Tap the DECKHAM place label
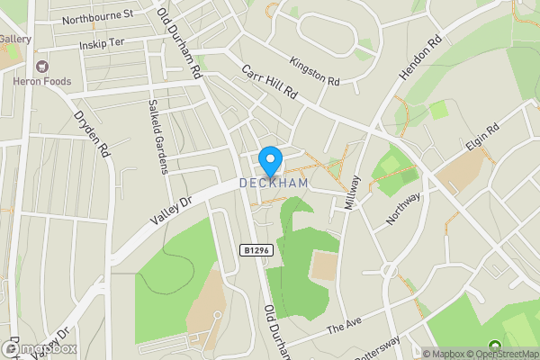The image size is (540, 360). click(274, 183)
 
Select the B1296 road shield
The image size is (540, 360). click(256, 251)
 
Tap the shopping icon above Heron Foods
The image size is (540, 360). click(40, 66)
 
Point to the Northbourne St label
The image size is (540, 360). click(98, 17)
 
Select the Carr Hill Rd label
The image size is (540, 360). click(268, 82)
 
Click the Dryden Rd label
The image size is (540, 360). click(91, 134)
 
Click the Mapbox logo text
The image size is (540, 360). click(44, 348)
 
